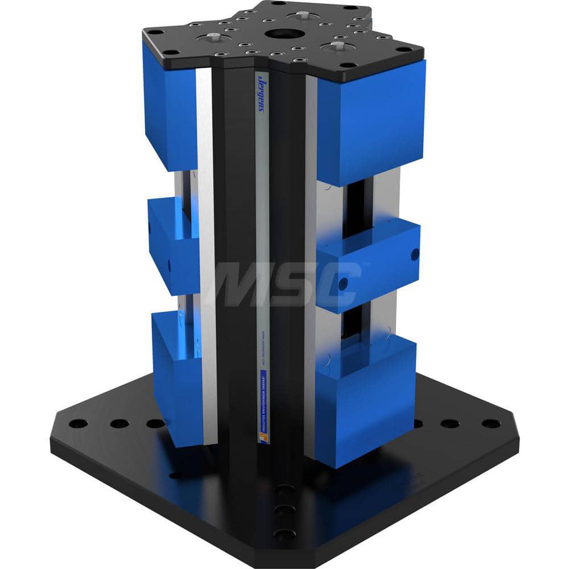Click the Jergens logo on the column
coord(262,91)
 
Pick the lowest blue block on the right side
coord(365,398)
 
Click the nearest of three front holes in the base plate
coord(283,534)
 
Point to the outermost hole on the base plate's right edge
coord(490,423)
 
